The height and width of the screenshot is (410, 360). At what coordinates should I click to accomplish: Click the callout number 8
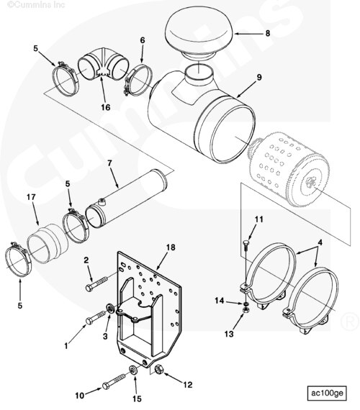268,33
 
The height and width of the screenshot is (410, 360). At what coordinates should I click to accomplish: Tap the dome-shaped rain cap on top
199,34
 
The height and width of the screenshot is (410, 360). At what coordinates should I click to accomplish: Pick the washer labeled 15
133,370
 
